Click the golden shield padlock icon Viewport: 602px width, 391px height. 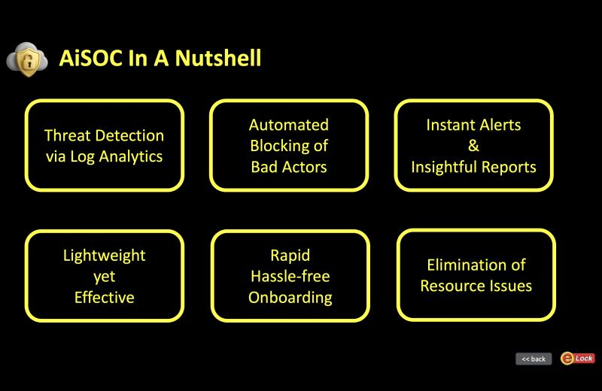(27, 58)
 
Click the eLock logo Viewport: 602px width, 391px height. (577, 359)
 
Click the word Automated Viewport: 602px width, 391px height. (289, 125)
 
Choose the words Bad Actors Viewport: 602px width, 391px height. (289, 167)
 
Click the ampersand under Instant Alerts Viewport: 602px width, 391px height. (473, 146)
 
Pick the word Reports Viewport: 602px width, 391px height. (511, 167)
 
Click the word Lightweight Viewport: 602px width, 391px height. (104, 256)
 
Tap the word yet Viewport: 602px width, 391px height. (104, 277)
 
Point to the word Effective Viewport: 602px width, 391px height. (104, 298)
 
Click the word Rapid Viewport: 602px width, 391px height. (290, 256)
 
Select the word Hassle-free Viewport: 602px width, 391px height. (290, 277)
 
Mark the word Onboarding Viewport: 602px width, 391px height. (290, 298)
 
